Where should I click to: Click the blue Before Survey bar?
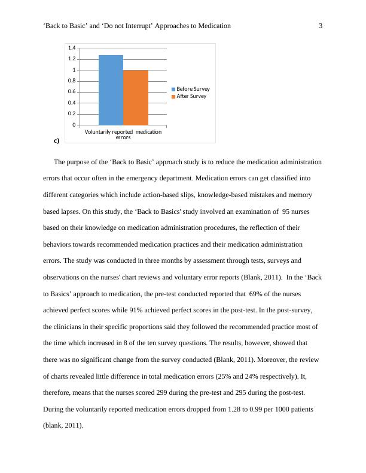[x=111, y=90]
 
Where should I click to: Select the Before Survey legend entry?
[x=191, y=89]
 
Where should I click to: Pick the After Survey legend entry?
[x=189, y=96]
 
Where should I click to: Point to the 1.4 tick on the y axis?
[x=72, y=48]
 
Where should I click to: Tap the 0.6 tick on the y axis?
[x=72, y=92]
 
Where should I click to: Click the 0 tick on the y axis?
[x=74, y=125]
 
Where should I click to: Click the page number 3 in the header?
[x=321, y=26]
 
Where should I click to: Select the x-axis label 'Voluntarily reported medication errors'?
[x=123, y=134]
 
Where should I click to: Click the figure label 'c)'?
[x=56, y=141]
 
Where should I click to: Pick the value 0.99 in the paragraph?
[x=263, y=410]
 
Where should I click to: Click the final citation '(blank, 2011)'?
[x=63, y=426]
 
